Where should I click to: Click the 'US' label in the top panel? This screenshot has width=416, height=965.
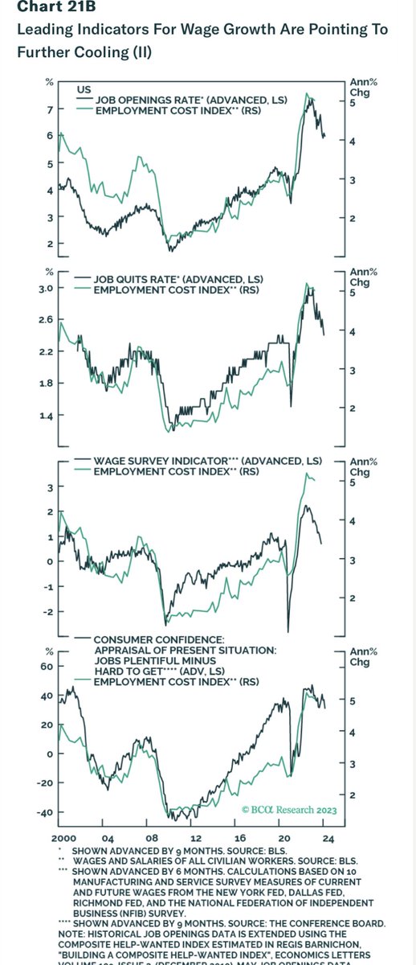(x=84, y=88)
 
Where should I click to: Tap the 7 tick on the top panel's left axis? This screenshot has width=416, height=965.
(x=51, y=109)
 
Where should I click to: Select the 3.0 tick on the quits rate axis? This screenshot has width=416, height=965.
(x=47, y=288)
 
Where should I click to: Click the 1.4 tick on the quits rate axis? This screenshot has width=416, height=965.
(x=47, y=415)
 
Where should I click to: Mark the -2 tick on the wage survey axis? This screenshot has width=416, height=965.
(x=48, y=612)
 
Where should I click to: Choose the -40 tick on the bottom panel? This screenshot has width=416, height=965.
(x=45, y=812)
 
